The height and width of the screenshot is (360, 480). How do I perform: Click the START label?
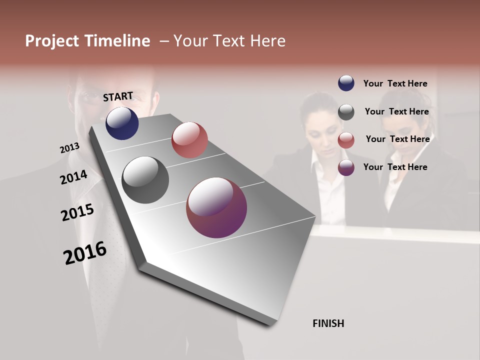[118, 96]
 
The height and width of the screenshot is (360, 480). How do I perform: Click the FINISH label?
[328, 323]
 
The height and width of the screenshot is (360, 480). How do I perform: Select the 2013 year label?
[69, 148]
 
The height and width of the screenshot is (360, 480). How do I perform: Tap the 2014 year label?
[73, 177]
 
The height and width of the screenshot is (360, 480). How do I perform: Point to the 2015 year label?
[77, 212]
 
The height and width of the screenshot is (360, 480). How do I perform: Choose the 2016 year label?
[85, 253]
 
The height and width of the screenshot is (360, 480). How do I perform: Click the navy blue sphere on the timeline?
[122, 123]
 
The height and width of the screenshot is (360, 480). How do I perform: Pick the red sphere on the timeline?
[189, 139]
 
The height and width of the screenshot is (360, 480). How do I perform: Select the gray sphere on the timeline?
[145, 179]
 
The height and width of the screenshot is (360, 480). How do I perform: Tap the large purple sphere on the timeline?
[216, 207]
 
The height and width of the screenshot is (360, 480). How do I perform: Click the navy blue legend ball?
[346, 83]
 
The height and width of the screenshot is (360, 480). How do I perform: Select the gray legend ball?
[346, 112]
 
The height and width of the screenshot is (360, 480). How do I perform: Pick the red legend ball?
[346, 140]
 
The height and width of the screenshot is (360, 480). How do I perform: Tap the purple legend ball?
[346, 167]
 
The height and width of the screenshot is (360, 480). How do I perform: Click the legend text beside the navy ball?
[395, 83]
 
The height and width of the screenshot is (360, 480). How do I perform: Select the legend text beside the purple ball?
[395, 167]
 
